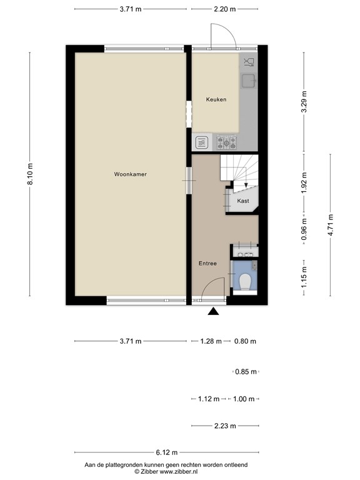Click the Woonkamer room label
coord(131,174)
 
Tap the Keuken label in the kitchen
coord(216,99)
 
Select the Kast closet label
coord(244,201)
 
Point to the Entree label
coord(208,264)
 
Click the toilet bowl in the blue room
coord(247,282)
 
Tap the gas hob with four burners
coord(225,142)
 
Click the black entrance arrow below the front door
coord(214,312)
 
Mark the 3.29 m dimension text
coord(304,102)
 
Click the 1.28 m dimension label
coord(211,341)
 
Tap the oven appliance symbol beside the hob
coord(202,142)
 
